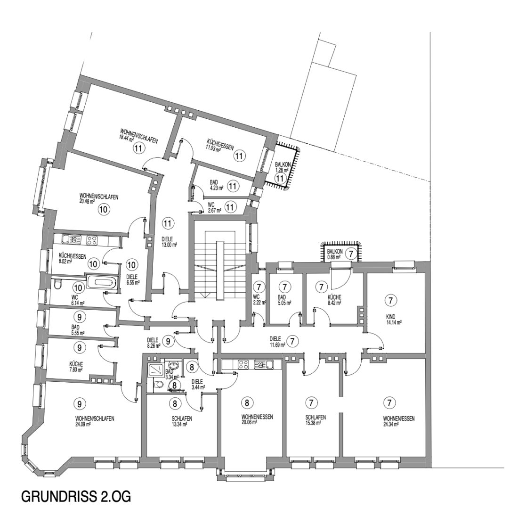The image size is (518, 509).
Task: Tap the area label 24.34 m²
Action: click(391, 424)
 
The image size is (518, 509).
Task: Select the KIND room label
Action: click(391, 317)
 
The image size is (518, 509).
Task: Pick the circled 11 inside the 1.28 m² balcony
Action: click(280, 179)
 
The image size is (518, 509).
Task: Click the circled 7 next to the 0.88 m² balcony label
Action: click(351, 254)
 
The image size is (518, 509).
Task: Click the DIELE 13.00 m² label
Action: click(169, 242)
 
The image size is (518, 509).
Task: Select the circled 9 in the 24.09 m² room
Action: click(79, 404)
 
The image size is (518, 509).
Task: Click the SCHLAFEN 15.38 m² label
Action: click(316, 420)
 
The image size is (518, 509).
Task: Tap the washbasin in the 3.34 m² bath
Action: click(173, 365)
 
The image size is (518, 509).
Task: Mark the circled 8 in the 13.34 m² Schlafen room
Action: click(175, 403)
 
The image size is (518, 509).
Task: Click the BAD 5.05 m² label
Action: click(284, 300)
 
